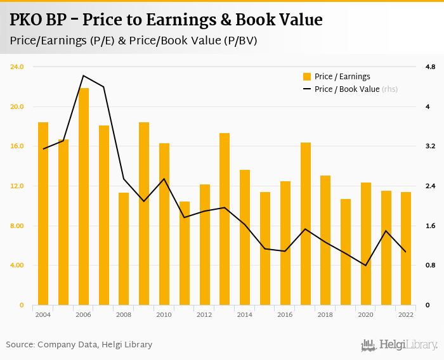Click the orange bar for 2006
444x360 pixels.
point(84,196)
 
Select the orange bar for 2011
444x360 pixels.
point(185,254)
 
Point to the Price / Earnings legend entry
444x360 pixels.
point(342,77)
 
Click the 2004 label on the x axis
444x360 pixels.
point(43,314)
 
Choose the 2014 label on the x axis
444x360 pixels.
point(245,314)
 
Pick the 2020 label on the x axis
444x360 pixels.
point(366,314)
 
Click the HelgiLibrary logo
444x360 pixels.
point(400,345)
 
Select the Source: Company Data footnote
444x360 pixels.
point(79,345)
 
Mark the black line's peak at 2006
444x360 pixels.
point(84,75)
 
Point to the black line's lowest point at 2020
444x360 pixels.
point(366,266)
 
